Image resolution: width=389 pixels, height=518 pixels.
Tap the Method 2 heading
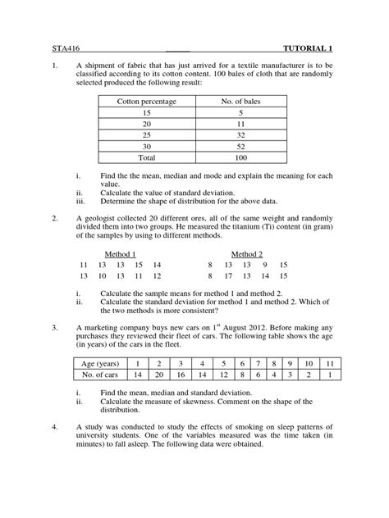247,255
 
